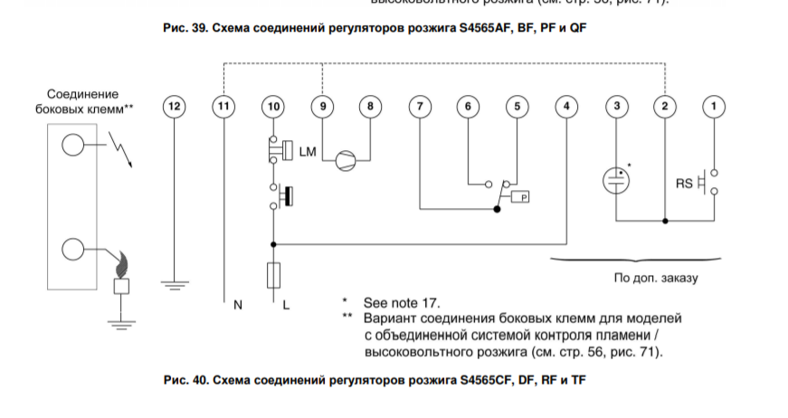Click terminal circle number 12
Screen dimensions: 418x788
pyautogui.click(x=174, y=107)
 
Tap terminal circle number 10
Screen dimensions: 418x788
pyautogui.click(x=272, y=107)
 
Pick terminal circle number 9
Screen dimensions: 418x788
pyautogui.click(x=321, y=107)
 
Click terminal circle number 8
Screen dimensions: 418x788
pyautogui.click(x=370, y=107)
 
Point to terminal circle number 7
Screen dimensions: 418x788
pyautogui.click(x=419, y=107)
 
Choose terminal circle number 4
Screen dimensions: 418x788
pyautogui.click(x=566, y=107)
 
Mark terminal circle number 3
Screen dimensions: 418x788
pyautogui.click(x=616, y=107)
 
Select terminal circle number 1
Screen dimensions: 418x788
pyautogui.click(x=715, y=107)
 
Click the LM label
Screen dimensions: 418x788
pyautogui.click(x=308, y=153)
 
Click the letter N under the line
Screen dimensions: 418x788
pyautogui.click(x=238, y=306)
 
